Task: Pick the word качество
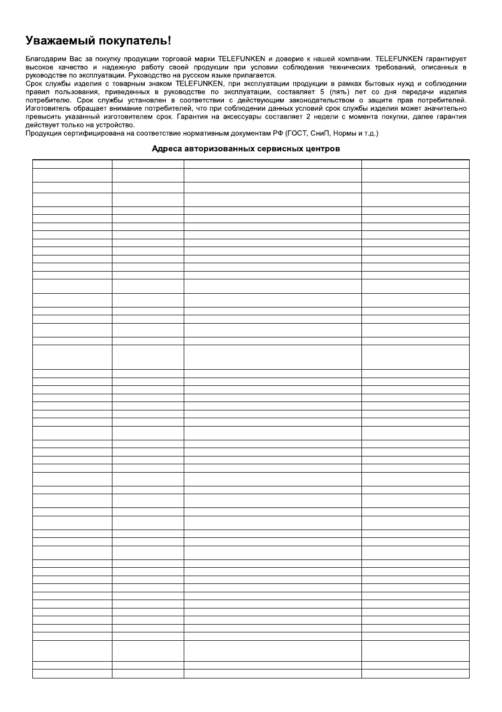coord(63,68)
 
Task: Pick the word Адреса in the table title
coord(166,151)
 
